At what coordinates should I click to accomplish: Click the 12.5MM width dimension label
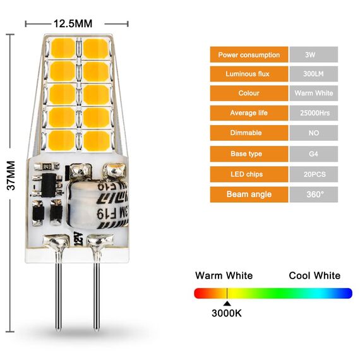(x=73, y=24)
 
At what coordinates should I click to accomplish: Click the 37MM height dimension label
(x=10, y=177)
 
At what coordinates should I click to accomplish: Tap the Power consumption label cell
(x=249, y=55)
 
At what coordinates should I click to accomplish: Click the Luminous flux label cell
(x=249, y=75)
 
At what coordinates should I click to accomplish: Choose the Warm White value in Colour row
(x=313, y=93)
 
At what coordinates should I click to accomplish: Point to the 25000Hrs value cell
(x=313, y=113)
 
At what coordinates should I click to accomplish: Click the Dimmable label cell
(x=249, y=133)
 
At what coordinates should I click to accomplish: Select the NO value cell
(x=313, y=133)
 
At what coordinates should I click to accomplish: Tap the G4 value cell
(x=313, y=153)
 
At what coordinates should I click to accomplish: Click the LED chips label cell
(x=249, y=174)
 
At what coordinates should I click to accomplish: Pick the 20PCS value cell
(x=313, y=174)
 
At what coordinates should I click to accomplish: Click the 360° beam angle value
(x=313, y=194)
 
